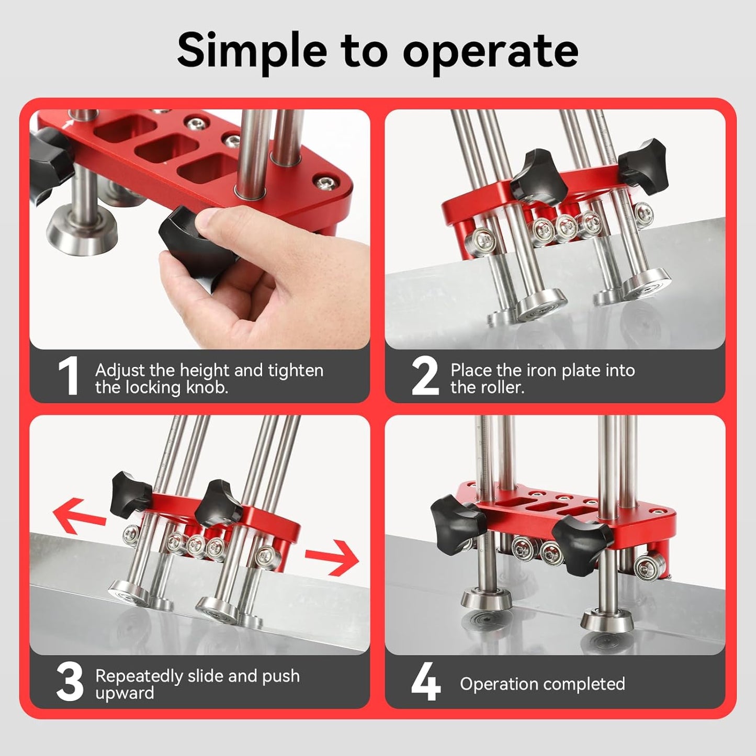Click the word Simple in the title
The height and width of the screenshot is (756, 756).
coord(252,51)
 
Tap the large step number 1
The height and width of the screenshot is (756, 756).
coord(68,376)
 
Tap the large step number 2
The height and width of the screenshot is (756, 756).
coord(425,376)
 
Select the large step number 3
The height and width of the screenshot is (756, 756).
coord(70,682)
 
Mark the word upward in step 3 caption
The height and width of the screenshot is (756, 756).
coord(125,693)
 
